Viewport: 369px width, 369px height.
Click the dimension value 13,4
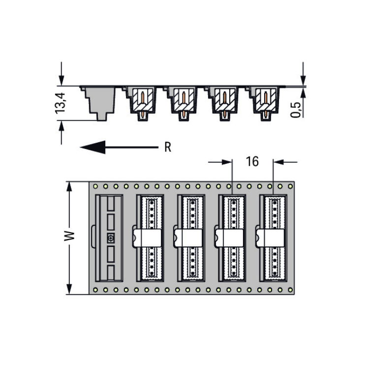point(60,103)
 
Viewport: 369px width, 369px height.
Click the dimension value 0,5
point(296,110)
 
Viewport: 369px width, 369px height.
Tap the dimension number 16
point(252,161)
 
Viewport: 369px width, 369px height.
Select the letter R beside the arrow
point(168,147)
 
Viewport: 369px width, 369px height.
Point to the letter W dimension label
point(69,236)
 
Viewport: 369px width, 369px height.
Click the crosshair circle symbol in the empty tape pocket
point(111,239)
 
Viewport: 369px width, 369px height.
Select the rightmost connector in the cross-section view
point(265,103)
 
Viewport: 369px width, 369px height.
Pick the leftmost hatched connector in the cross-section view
point(142,103)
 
